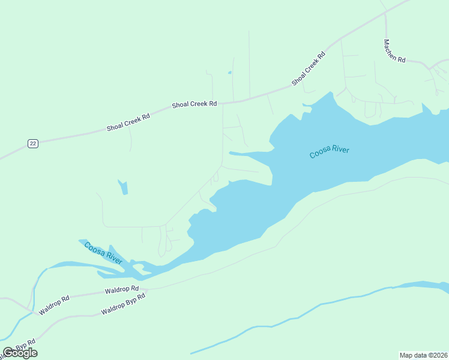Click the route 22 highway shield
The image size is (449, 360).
[32, 143]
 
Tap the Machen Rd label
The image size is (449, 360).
[394, 52]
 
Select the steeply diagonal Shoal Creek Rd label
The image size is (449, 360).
[309, 67]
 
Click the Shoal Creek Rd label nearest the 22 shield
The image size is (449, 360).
[128, 120]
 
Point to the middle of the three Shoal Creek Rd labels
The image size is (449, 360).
[194, 104]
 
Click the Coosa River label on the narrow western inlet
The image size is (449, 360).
[103, 253]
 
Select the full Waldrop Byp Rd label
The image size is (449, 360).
[123, 304]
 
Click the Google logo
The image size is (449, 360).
[20, 353]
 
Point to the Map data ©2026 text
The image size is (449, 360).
[423, 355]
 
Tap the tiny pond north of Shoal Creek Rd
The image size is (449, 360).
[229, 73]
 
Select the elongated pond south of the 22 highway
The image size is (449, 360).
[124, 187]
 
